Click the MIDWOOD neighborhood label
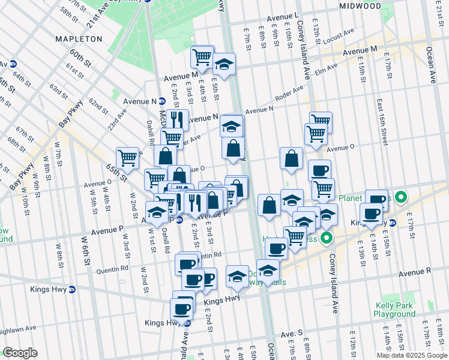click(360, 5)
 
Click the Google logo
click(20, 352)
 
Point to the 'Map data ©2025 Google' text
click(411, 355)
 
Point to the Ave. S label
click(291, 332)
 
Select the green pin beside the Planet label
click(402, 196)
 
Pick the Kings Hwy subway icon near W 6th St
click(72, 289)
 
